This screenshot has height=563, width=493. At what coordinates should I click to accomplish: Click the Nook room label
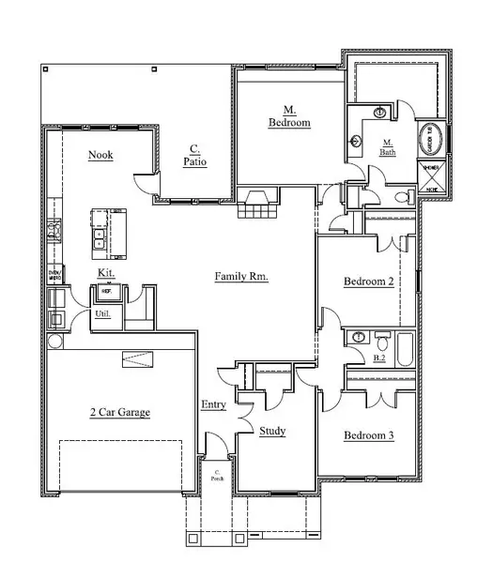pos(100,155)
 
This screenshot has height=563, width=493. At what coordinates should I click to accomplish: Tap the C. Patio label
pos(194,156)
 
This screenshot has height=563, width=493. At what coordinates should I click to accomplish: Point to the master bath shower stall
pos(431,176)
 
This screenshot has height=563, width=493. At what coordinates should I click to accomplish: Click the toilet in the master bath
pos(402,197)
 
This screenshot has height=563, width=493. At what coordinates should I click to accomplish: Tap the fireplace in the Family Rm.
pos(256,203)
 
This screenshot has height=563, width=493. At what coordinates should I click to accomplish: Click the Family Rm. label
pos(241,276)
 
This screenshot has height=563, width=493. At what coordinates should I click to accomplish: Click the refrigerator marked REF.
pos(107,292)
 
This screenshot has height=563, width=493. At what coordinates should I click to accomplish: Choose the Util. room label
pos(102,313)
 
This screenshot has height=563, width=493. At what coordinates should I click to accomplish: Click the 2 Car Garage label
pos(119,411)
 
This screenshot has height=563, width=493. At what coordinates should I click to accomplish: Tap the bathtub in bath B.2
pos(406,349)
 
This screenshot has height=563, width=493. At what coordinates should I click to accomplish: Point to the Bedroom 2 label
pos(368,281)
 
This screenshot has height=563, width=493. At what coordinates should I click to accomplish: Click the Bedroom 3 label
pos(368,435)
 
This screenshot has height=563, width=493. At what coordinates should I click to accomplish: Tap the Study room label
pos(272,432)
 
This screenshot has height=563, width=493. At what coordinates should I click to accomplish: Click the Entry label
pos(213,404)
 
